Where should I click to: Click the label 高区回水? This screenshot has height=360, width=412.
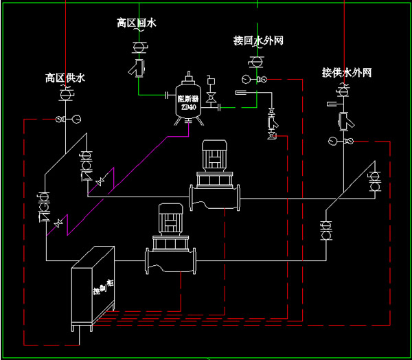[137, 23]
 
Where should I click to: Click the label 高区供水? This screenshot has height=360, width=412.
[65, 78]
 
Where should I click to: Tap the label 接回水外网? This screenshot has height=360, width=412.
[258, 41]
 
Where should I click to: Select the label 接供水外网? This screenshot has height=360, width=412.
[347, 73]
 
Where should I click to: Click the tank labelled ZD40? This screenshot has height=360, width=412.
[189, 102]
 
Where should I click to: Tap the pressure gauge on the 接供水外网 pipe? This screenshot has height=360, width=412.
[334, 142]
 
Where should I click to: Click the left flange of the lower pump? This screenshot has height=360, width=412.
[146, 262]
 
